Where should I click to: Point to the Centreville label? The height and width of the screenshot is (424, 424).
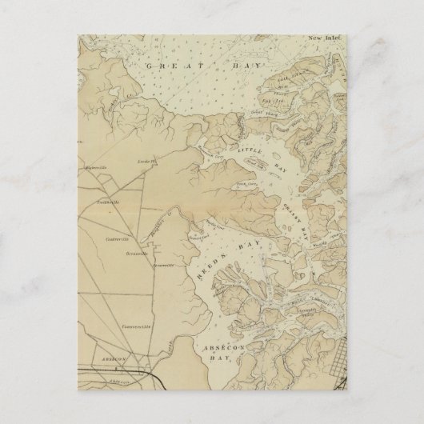[117, 238]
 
